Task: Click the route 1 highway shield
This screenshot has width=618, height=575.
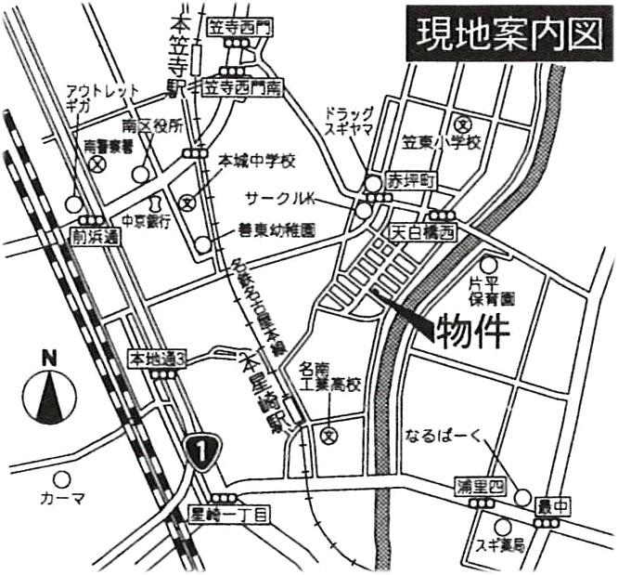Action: coord(198,451)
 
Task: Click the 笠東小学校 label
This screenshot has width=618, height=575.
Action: coord(440,143)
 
